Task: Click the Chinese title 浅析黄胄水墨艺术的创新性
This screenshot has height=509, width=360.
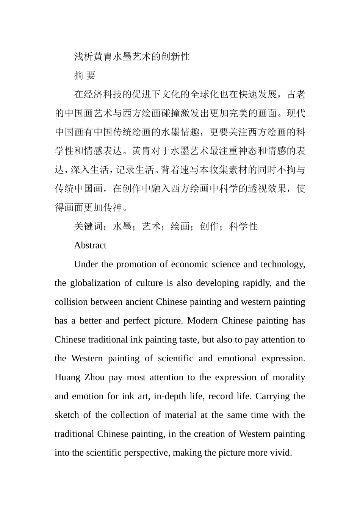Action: click(131, 57)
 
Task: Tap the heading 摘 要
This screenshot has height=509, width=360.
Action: click(85, 76)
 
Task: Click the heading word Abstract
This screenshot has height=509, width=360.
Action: click(90, 245)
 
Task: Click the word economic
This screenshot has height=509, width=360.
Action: click(188, 264)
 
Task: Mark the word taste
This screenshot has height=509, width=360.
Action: click(185, 340)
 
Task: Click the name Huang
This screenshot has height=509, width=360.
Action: click(66, 378)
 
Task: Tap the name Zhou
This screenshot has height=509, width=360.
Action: click(94, 378)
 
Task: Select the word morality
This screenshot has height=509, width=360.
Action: click(290, 378)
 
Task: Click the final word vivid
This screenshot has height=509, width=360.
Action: click(280, 453)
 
